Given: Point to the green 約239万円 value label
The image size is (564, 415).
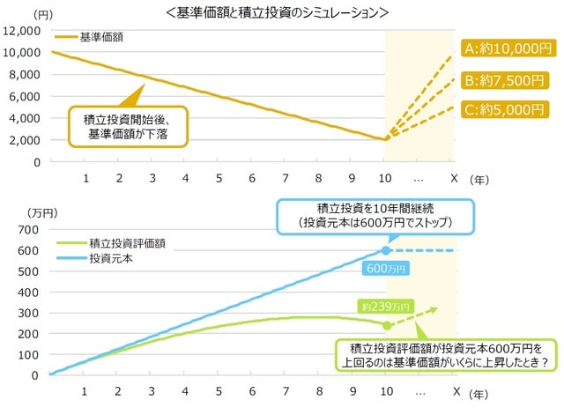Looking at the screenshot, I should tap(385, 308).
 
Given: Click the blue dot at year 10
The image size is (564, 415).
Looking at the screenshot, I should tap(386, 251).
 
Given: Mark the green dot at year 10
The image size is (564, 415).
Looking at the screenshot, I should tap(386, 325).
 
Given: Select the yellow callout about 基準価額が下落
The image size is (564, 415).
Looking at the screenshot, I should tap(129, 126).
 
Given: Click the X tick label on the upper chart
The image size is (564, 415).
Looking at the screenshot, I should tap(452, 177).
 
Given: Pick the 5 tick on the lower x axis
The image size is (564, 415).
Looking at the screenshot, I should tap(219, 389).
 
